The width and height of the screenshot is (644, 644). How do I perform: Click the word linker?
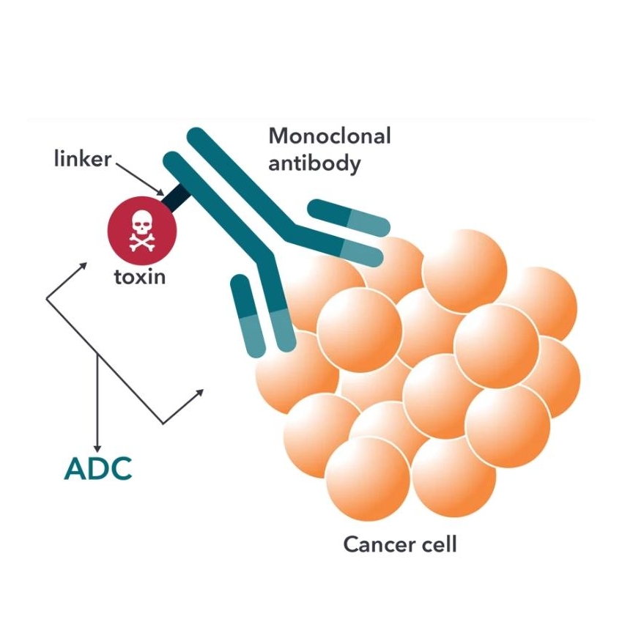click(82, 159)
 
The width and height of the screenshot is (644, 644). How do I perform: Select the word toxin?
click(140, 277)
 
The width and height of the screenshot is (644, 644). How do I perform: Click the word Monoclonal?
click(330, 136)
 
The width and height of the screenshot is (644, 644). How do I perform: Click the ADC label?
click(98, 470)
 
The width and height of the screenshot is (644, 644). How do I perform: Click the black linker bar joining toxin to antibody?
click(177, 196)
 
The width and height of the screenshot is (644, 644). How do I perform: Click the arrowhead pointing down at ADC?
click(97, 446)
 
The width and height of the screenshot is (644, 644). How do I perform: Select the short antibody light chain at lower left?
click(248, 315)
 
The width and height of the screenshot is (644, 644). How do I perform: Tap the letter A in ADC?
click(76, 470)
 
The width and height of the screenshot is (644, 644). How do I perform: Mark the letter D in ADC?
click(98, 470)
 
